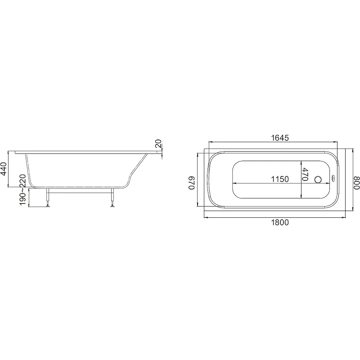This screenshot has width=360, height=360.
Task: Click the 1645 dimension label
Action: [280, 138]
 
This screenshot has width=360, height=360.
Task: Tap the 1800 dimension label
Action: [280, 222]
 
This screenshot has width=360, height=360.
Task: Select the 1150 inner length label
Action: [280, 179]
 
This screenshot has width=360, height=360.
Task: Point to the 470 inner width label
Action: [305, 175]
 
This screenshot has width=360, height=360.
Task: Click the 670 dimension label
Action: [192, 183]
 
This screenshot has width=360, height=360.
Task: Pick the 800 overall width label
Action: [356, 183]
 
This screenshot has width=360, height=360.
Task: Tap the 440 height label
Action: [4, 169]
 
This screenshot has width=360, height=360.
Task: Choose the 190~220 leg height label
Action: [22, 190]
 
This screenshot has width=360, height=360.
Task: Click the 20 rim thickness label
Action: [158, 144]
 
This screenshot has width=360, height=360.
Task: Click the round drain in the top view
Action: [318, 179]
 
